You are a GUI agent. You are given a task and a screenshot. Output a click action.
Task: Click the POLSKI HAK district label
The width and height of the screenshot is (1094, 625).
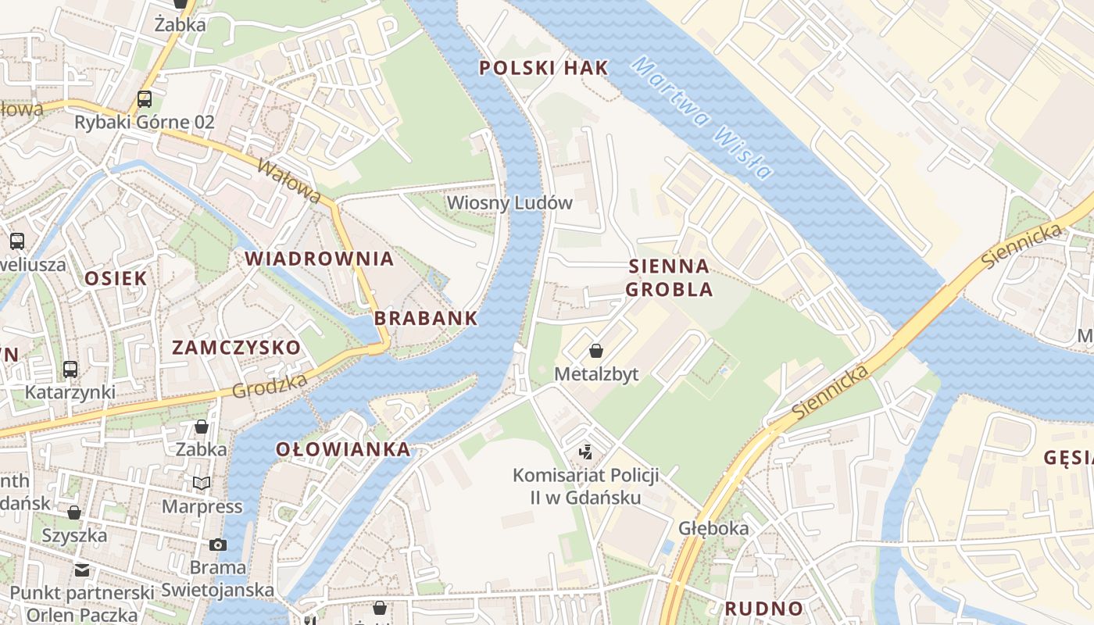click(x=543, y=68)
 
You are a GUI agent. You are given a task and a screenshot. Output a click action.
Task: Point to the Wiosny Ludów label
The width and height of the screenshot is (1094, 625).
click(x=509, y=203)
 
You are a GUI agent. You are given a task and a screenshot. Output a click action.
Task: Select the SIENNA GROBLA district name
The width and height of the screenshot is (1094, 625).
click(x=670, y=277)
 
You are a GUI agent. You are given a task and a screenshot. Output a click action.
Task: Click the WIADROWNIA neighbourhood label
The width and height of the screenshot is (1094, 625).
click(x=319, y=259)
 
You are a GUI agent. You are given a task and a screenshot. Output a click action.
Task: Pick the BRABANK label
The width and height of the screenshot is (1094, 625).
click(x=425, y=318)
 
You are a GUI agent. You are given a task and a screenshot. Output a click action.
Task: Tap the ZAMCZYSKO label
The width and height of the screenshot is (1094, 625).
click(x=236, y=348)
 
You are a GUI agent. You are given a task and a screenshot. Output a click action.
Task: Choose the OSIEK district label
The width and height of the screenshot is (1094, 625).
click(x=116, y=278)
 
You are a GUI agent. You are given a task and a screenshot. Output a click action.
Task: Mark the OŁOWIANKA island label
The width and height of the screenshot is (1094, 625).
click(x=343, y=449)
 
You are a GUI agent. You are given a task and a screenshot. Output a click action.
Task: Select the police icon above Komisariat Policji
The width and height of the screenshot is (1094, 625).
click(x=585, y=451)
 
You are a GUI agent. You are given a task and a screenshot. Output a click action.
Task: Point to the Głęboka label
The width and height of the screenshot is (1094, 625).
click(x=713, y=528)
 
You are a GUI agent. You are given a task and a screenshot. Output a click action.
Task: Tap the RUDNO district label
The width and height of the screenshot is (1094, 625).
click(x=763, y=609)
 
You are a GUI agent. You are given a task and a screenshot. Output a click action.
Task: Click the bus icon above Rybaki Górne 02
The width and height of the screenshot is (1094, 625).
click(x=145, y=98)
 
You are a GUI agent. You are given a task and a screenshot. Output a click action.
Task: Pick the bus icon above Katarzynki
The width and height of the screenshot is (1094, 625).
click(x=70, y=368)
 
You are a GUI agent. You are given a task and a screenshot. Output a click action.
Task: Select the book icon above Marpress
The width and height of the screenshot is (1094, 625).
click(x=202, y=483)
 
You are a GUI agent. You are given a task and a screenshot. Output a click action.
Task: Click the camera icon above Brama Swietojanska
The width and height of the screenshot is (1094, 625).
click(x=218, y=545)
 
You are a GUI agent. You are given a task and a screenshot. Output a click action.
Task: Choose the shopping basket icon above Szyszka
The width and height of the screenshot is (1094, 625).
click(x=74, y=512)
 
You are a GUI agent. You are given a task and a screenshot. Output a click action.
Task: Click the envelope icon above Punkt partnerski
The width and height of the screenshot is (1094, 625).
click(x=82, y=570)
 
